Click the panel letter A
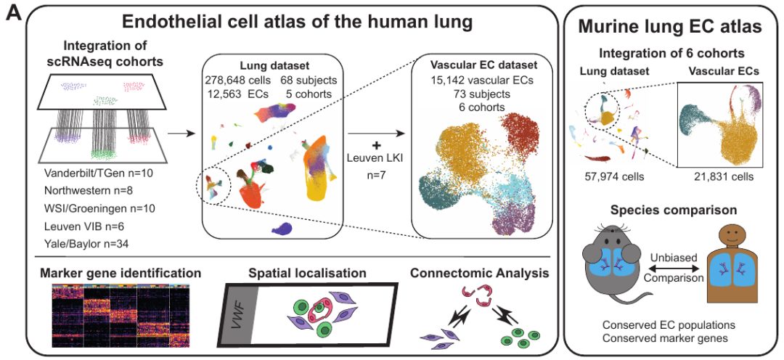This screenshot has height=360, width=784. coord(12,14)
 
